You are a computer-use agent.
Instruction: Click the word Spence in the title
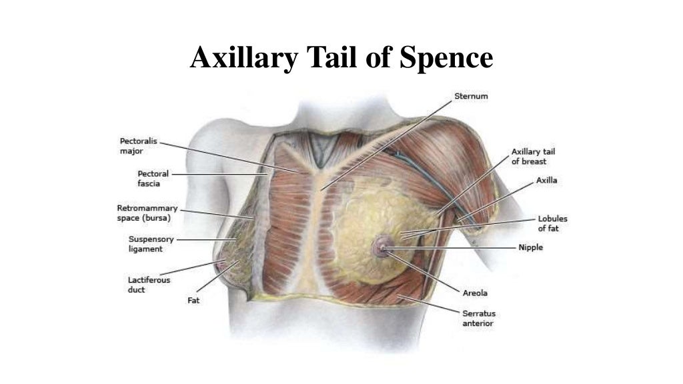click(446, 58)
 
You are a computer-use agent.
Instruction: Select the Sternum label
click(471, 96)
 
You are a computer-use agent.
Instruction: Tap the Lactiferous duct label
click(149, 285)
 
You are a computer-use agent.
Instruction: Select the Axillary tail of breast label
click(534, 157)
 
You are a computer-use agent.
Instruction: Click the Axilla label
click(547, 181)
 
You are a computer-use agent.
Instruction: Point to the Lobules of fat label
click(548, 223)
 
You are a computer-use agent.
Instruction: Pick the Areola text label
click(474, 293)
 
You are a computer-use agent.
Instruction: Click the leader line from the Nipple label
click(454, 248)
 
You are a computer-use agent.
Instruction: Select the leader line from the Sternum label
click(387, 143)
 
